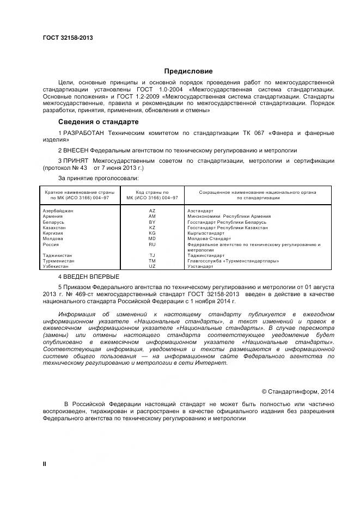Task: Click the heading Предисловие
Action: (x=188, y=71)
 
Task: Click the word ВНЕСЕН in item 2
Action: (x=78, y=150)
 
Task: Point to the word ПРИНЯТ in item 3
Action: (x=76, y=161)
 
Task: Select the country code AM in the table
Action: (x=152, y=217)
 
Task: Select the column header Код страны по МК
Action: (x=152, y=195)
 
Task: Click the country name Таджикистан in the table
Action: (x=57, y=256)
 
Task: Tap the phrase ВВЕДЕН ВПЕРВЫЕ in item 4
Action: (x=90, y=277)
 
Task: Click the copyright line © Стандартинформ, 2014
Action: (x=298, y=391)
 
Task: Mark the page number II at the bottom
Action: (x=45, y=464)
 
